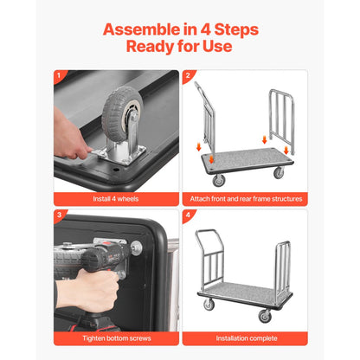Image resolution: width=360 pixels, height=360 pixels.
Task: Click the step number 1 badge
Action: [x=60, y=76]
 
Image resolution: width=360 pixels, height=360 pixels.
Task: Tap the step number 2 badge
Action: [x=188, y=76]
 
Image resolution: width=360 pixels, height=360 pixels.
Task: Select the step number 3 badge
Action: [x=60, y=216]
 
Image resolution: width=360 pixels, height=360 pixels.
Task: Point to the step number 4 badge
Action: [x=188, y=216]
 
